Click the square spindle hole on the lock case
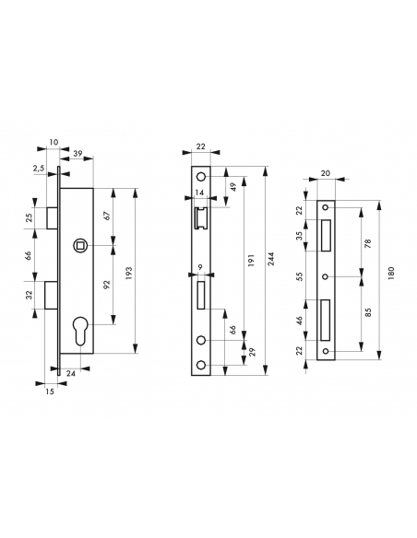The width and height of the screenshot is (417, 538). (x=80, y=245)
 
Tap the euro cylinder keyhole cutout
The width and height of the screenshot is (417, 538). (x=80, y=330)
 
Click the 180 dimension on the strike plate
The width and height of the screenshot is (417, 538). (x=392, y=273)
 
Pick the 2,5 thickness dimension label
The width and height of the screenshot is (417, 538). (x=39, y=168)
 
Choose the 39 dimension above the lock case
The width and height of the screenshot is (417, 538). (x=78, y=153)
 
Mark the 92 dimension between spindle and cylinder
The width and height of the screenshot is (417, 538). (x=108, y=285)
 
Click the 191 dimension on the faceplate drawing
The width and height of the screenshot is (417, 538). (x=251, y=261)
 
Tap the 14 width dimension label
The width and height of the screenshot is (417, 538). (x=199, y=193)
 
